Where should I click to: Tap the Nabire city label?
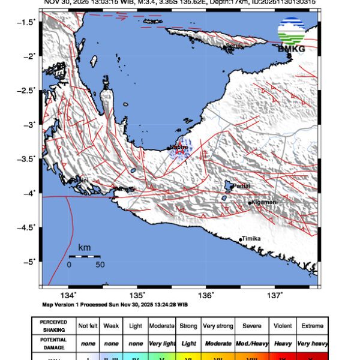coord(179,146)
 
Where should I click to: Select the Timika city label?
coord(251,239)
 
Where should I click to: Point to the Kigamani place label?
coord(264,203)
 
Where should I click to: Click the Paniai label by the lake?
coord(240,187)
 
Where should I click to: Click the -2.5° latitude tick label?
coord(27,91)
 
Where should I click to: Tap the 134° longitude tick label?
coord(68,296)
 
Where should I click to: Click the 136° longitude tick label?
coord(206,296)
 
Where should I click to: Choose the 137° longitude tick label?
coord(275,296)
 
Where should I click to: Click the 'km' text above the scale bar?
coord(84,247)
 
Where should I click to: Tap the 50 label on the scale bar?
coord(100,265)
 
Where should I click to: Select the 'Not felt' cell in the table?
coord(89,326)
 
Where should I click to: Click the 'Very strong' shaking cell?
coord(218,326)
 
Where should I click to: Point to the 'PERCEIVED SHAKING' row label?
coord(53,326)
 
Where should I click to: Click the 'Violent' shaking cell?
coord(283,326)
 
